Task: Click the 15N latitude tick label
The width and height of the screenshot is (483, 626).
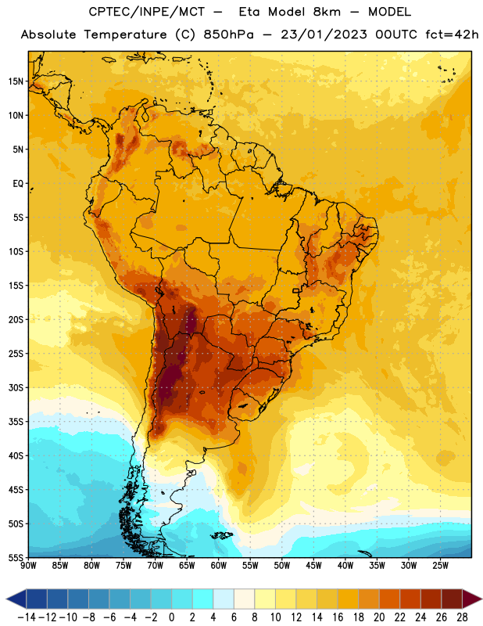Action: point(16,81)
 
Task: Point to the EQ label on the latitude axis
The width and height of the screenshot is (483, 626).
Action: point(18,184)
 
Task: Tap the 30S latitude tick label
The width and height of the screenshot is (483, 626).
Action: point(16,387)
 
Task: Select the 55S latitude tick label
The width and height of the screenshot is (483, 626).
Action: point(16,558)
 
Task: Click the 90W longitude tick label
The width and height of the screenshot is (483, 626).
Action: point(28,566)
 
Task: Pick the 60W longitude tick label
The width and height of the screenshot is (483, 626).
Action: point(219,566)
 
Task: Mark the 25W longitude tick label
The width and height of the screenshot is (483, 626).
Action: point(440,566)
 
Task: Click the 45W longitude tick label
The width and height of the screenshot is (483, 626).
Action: point(313,566)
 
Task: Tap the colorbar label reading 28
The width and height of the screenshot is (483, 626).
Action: point(462,617)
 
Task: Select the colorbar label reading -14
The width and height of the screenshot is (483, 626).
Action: point(27,617)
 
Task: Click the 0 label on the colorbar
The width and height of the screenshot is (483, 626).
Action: point(171,617)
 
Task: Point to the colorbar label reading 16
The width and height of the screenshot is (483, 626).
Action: point(338,617)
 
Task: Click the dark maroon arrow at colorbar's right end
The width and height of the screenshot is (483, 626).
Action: point(471,599)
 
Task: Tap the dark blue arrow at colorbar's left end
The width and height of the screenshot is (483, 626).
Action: point(16,599)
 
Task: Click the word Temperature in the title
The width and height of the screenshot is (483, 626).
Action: point(125,35)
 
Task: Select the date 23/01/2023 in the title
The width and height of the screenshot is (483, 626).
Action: point(324,34)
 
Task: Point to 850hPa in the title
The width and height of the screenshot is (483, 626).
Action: point(228,34)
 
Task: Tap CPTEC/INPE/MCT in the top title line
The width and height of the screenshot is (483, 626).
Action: point(147,12)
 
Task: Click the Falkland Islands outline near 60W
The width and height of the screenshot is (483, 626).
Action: point(221,535)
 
